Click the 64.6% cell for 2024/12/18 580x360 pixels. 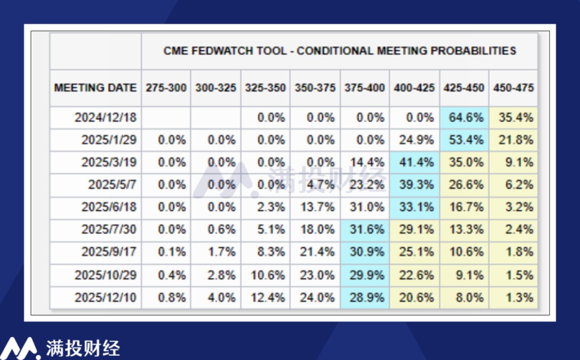point(464,118)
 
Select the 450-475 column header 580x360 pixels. point(513,88)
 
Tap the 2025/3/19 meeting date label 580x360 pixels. point(109,162)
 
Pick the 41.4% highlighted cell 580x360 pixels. point(414,162)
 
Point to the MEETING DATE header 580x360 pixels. point(95,88)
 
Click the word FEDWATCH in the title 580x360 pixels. point(222,51)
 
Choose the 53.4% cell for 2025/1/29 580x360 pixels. point(464,140)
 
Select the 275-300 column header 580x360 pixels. point(166,88)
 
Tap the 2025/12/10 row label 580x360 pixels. point(106,297)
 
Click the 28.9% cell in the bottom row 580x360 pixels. point(365,297)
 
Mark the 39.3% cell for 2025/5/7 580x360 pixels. point(414,185)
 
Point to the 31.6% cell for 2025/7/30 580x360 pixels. point(365,230)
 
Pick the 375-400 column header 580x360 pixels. point(364,88)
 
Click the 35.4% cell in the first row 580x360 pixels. point(513,118)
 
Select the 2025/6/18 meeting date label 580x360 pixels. point(109,207)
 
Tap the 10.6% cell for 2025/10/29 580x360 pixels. point(268,275)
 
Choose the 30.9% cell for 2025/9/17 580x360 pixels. point(365,252)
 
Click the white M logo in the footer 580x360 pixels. point(20,348)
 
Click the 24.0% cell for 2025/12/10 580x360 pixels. point(317,297)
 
